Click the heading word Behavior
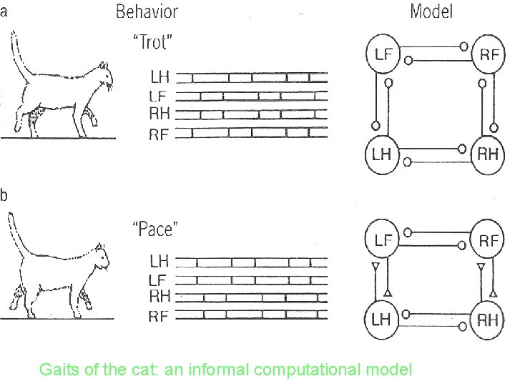147,11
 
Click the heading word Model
431,11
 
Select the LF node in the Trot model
384,56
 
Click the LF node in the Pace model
384,240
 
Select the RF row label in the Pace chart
160,315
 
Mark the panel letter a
4,10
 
